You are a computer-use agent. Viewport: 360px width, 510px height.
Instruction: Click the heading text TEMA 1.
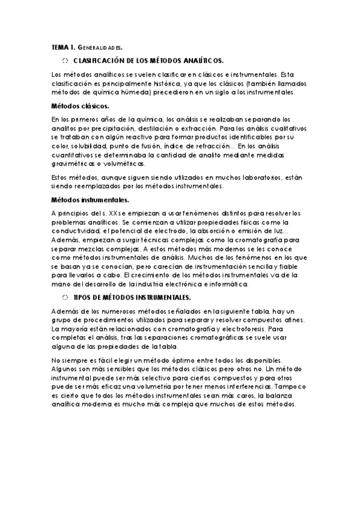63,47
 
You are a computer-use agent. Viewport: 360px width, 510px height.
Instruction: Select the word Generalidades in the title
100,47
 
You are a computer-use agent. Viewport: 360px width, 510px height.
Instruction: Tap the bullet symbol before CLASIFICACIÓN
66,61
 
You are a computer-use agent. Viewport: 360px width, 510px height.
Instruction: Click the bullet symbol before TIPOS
66,298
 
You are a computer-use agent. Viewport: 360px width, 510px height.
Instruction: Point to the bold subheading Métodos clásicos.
75,106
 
